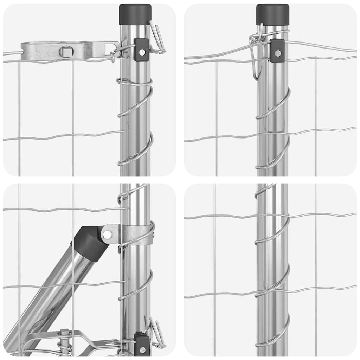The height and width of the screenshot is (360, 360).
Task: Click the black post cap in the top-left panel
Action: coord(135,14)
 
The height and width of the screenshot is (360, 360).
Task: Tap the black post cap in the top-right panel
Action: coord(272,14)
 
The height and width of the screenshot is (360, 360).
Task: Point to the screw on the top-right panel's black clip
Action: coord(278,53)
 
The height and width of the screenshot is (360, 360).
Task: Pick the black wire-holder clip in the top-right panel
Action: coord(277,51)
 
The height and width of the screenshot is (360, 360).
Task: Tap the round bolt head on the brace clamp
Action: coord(107,234)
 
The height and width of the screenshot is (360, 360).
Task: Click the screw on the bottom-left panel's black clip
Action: coord(142,350)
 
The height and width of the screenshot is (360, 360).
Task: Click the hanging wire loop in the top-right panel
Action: coord(256,56)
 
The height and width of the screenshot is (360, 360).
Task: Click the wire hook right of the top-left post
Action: coord(158,39)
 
